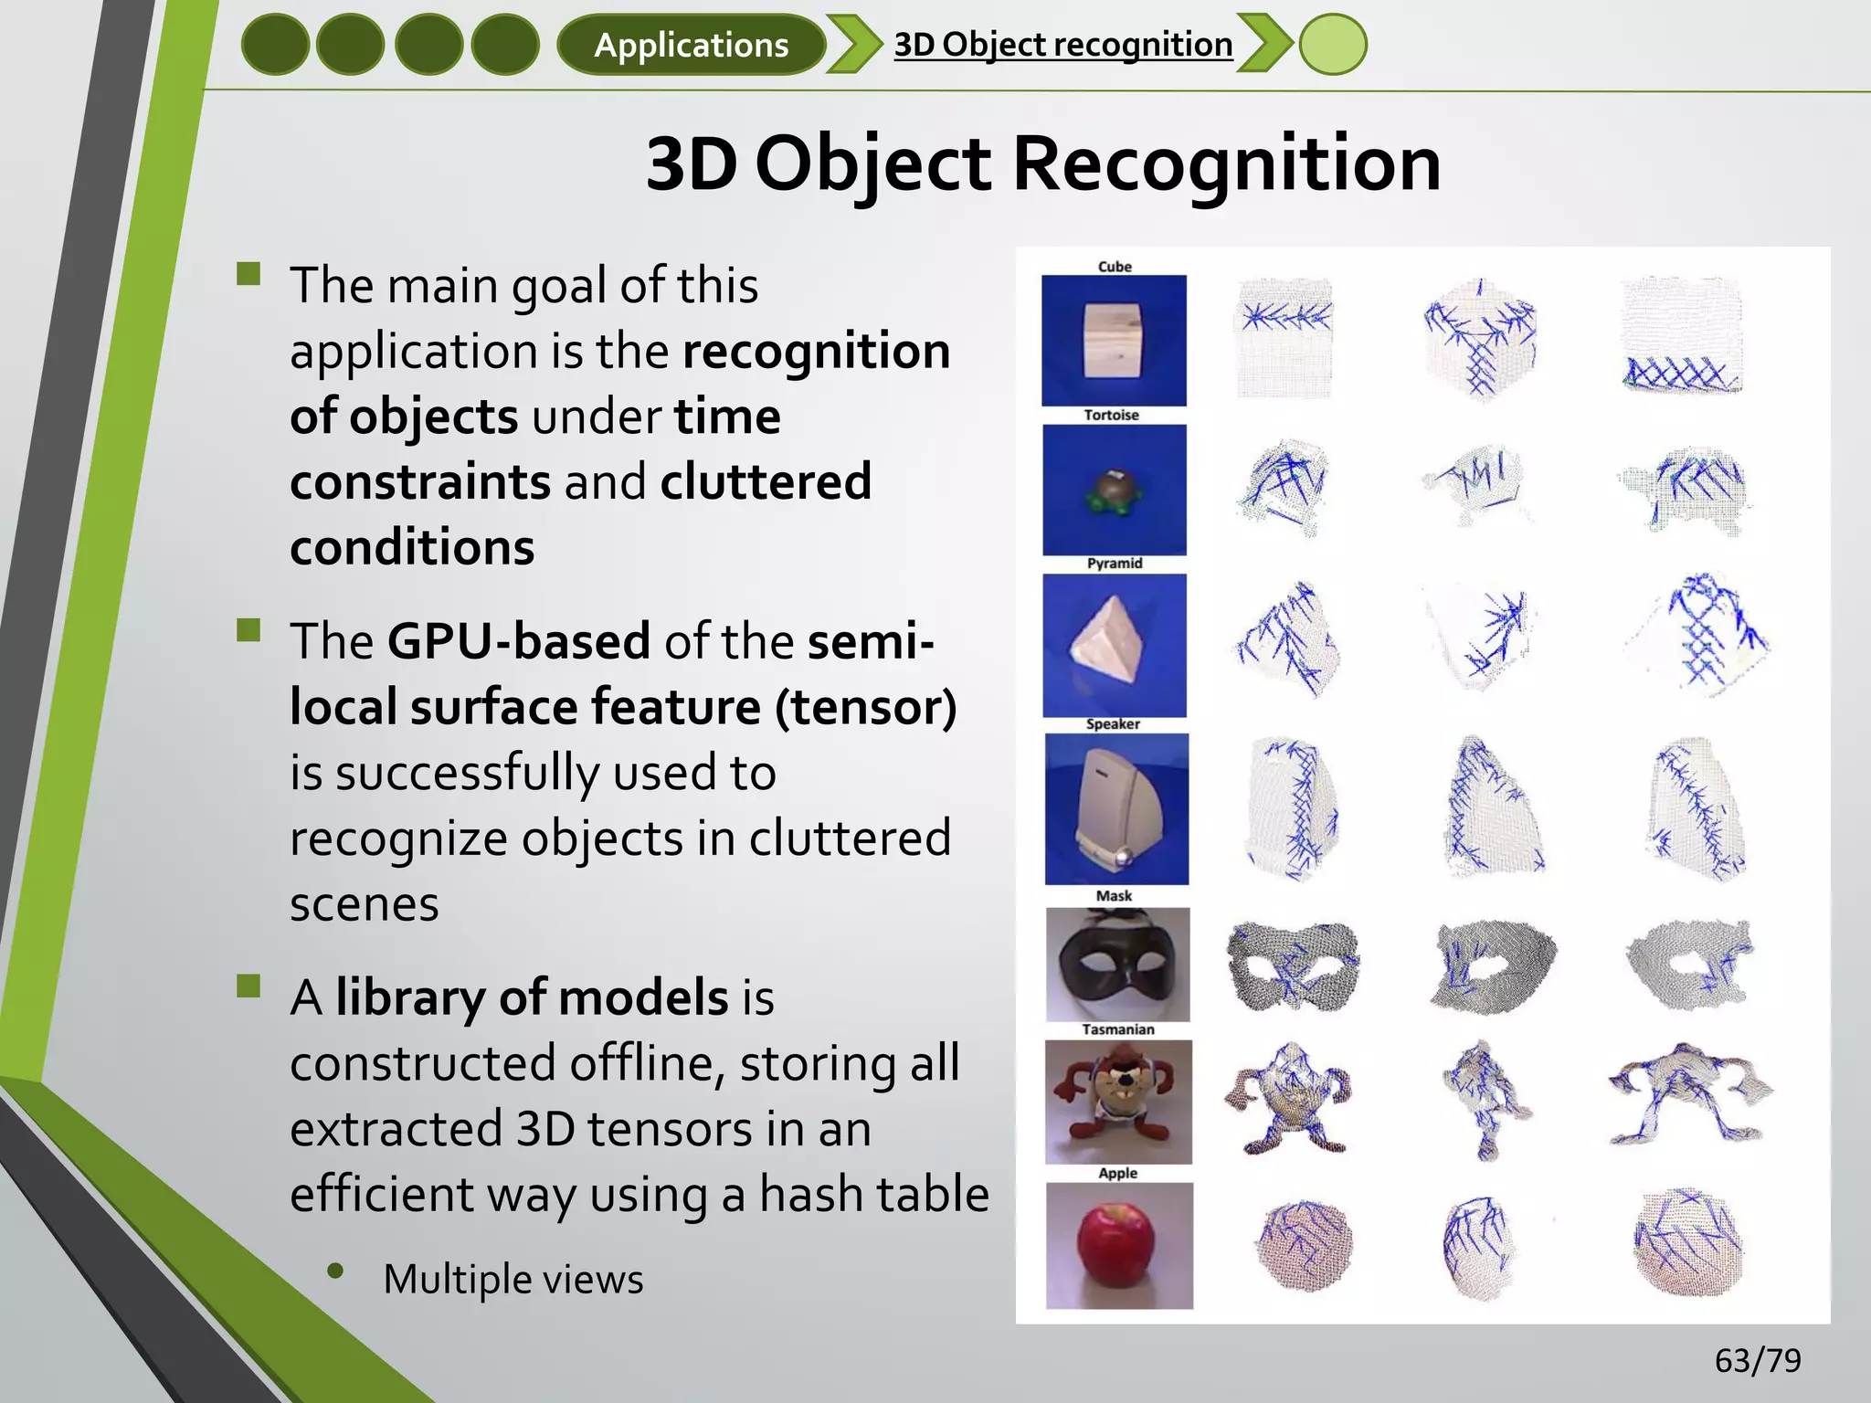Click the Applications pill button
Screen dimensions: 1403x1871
pos(691,45)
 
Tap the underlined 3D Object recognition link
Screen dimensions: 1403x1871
pos(1062,44)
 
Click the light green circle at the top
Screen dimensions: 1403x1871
pos(1332,44)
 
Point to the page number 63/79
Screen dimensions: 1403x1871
pos(1757,1360)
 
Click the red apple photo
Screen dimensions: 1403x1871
pos(1118,1245)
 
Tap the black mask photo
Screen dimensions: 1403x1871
pos(1117,965)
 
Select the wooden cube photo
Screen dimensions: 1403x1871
pos(1114,340)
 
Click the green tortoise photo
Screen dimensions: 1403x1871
pos(1114,490)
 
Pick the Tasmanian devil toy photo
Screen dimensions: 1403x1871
pos(1117,1101)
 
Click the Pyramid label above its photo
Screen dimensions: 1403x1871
pos(1114,564)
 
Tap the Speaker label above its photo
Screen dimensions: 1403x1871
pos(1112,724)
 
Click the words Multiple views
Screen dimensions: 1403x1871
pos(513,1279)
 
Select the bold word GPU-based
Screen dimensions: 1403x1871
pos(518,641)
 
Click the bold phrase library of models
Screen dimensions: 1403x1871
pos(531,997)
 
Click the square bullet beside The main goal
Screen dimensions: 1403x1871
pos(248,274)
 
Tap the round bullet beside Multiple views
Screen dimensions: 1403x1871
pos(335,1271)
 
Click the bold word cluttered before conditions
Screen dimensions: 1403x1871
pos(765,481)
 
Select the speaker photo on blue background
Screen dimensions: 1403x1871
pos(1115,808)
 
